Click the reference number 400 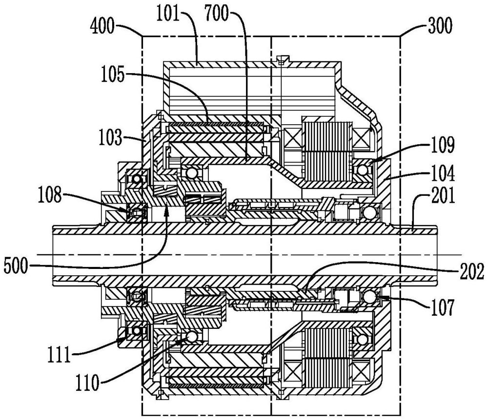coord(103,24)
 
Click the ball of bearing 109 coord(363,170)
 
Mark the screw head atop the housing coord(280,60)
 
